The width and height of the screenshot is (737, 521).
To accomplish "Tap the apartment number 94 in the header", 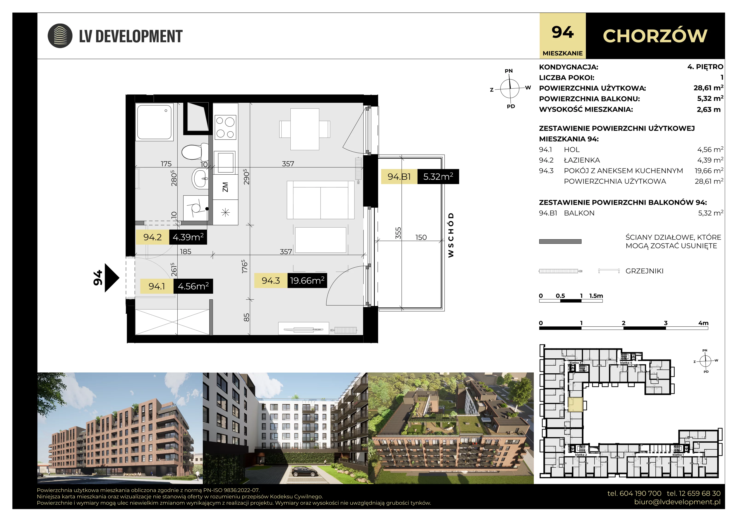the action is click(562, 32).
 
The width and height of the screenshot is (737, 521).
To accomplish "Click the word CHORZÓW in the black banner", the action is click(655, 36).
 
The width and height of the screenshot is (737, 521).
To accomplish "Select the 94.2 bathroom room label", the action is click(152, 237).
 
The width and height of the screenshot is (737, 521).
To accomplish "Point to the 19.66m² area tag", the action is click(307, 281).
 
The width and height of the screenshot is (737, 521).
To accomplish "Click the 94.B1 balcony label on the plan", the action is click(399, 177).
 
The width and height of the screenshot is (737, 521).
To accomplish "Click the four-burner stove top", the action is click(225, 127).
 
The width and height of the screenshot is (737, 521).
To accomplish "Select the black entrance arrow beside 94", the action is click(112, 278).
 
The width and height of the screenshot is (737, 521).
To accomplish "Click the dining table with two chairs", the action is click(305, 129).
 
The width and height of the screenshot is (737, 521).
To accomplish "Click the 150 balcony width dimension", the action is click(421, 237).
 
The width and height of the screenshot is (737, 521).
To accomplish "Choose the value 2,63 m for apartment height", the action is click(708, 109).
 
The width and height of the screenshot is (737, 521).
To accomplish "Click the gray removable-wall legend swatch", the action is click(560, 241).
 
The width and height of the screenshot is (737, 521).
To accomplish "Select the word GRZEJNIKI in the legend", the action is click(644, 271).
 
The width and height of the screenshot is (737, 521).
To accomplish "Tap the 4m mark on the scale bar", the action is click(703, 323).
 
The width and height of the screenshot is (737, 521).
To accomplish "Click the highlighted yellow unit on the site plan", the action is click(575, 404).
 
